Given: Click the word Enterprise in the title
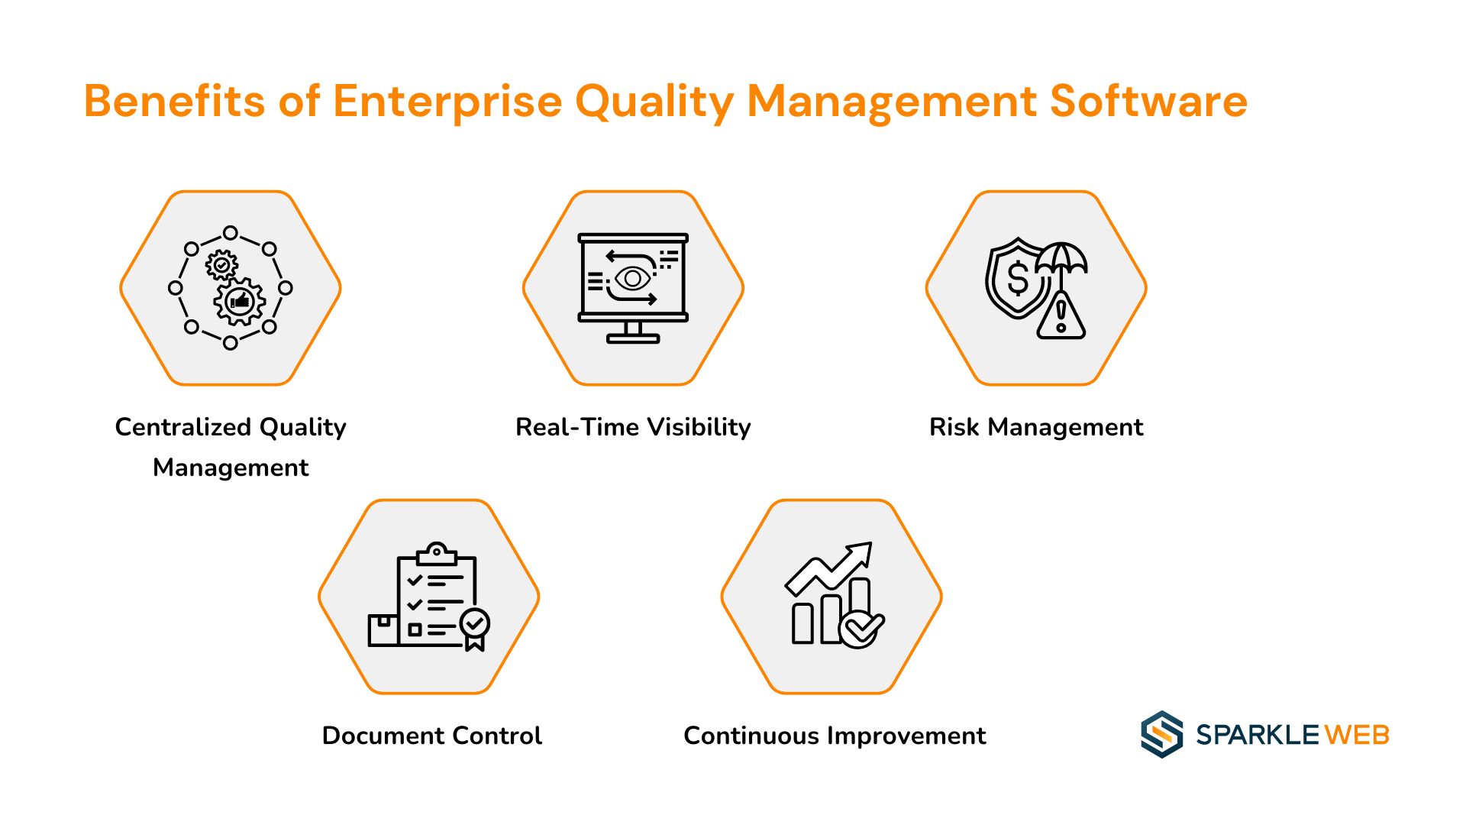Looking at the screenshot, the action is [447, 102].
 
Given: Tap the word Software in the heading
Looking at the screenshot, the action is [1148, 101].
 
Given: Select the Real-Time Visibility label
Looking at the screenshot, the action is [633, 427].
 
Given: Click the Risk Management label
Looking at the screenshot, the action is [1036, 427].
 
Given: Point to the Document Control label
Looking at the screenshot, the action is [432, 736].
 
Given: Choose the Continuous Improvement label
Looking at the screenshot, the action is [835, 736].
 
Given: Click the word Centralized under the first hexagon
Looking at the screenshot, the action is [183, 427].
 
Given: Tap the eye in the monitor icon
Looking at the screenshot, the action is [632, 279].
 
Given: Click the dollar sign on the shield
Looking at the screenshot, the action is [1018, 278].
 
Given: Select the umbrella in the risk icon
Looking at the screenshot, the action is [1061, 260].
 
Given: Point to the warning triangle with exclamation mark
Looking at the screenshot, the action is [1061, 315].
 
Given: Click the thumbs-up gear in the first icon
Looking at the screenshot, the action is [240, 302].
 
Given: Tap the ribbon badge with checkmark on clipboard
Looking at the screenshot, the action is [475, 629].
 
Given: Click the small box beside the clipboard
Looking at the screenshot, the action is [383, 630].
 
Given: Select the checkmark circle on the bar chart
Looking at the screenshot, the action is [861, 628].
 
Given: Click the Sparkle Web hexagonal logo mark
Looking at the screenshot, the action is [1161, 734].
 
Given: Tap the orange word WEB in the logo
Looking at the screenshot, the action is [1357, 735].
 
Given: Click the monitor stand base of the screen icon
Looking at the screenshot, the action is [633, 338].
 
